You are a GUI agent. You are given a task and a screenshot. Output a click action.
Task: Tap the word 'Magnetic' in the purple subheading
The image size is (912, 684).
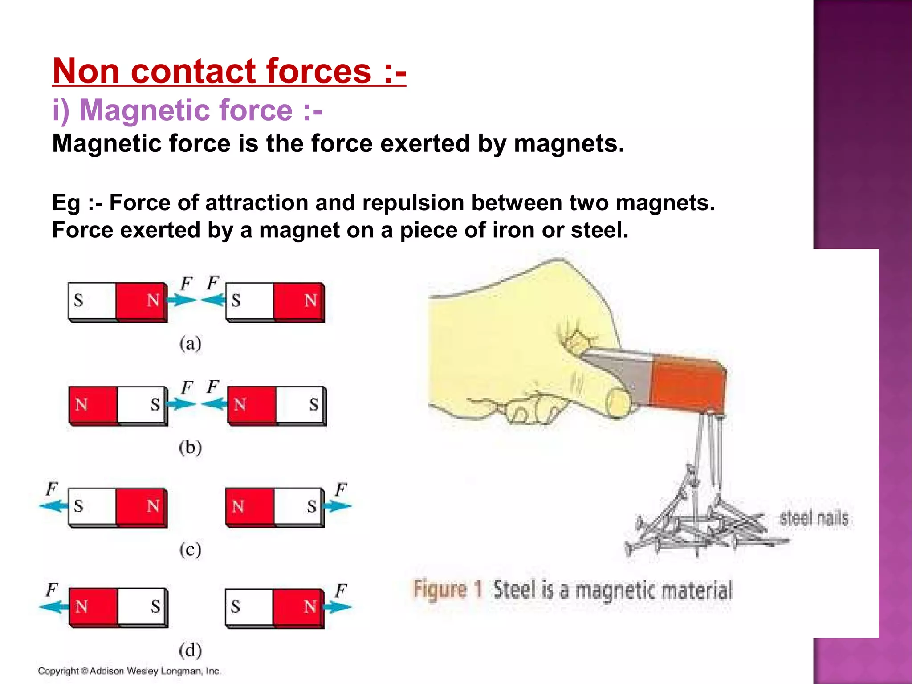click(142, 110)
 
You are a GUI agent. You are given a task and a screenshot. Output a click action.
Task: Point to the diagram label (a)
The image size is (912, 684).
click(190, 344)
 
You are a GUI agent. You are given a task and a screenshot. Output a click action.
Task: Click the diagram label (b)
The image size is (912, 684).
click(190, 447)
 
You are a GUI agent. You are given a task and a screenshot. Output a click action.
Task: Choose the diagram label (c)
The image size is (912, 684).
click(190, 550)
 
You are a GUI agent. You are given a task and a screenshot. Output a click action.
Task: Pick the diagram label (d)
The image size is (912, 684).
click(190, 651)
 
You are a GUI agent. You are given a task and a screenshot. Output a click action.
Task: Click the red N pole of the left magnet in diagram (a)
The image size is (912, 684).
click(141, 301)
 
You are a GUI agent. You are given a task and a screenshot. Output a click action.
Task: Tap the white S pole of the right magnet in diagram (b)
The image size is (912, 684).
click(301, 404)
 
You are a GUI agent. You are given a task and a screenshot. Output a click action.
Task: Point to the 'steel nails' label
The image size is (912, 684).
click(814, 519)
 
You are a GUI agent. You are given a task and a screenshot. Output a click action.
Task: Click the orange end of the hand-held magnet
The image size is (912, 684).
click(688, 384)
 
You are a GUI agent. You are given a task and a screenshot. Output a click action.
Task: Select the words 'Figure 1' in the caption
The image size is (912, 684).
click(447, 590)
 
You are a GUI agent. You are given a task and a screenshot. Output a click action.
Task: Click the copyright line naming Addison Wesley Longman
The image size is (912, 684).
click(129, 671)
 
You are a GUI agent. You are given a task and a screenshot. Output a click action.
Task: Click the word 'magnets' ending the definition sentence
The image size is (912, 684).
click(569, 144)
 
